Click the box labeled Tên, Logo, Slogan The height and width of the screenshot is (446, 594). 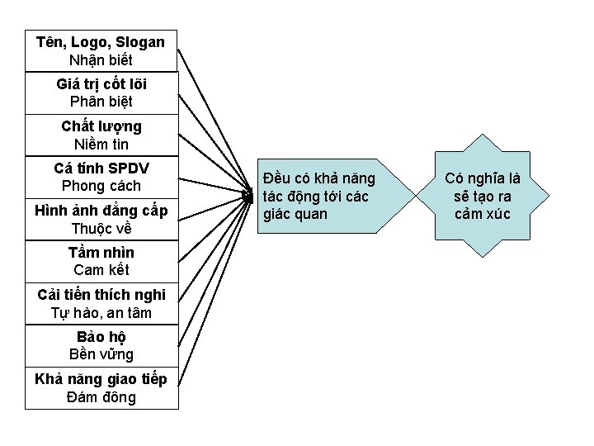point(101,50)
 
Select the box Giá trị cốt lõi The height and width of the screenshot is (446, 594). point(101,93)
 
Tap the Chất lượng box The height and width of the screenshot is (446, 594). point(101,135)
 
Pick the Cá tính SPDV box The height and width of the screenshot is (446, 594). point(101,177)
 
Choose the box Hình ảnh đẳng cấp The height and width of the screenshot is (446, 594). point(101,220)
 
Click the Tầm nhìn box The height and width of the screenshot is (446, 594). point(101,261)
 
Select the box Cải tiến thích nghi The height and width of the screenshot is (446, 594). point(101,303)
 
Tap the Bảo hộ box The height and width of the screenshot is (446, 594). point(101,345)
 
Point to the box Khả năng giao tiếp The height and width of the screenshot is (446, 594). point(101,387)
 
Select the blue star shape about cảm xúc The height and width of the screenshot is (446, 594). point(482,197)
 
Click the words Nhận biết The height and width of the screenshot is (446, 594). point(101,59)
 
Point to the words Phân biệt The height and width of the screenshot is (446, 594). point(101,102)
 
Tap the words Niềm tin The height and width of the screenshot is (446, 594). point(101,144)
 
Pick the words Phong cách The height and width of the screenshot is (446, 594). point(101,186)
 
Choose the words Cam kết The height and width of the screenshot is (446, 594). point(101,270)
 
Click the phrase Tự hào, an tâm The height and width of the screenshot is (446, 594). point(101,313)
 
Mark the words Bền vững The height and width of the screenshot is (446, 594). point(101,354)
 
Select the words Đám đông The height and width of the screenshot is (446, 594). point(101,397)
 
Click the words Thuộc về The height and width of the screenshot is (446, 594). point(101,229)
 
